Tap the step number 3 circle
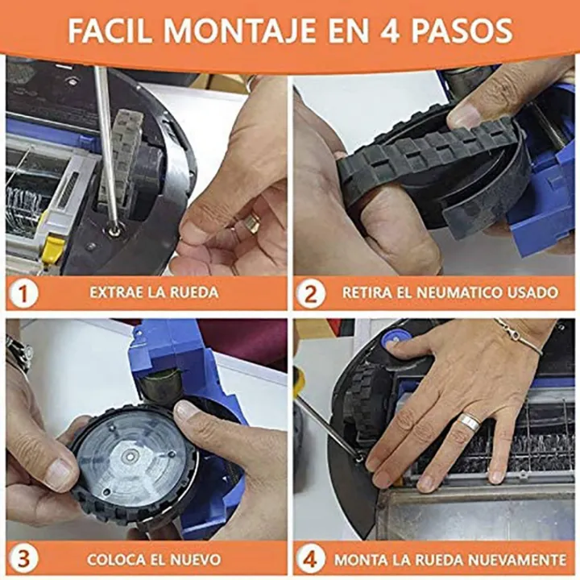(24, 558)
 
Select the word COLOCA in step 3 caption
(109, 558)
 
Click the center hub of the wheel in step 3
(130, 456)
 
